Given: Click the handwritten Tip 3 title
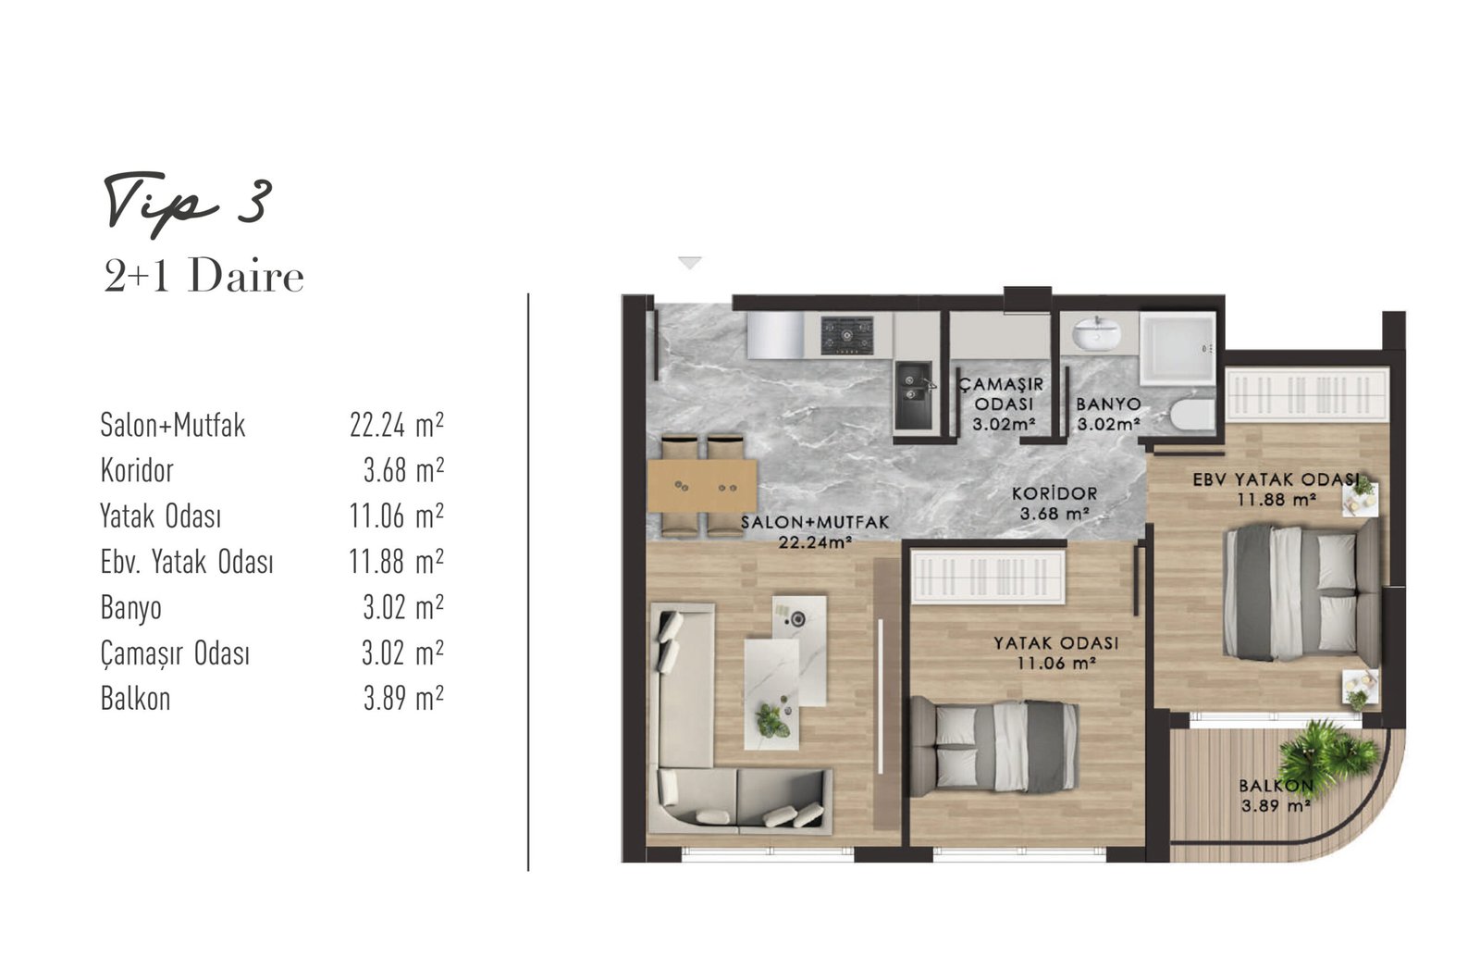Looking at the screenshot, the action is coord(189,205).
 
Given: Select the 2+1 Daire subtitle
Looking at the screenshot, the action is coord(203,276).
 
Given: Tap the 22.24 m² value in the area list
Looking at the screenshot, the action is coord(397,424).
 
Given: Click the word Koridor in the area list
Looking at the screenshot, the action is coord(137,470).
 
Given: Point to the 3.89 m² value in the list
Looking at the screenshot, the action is coord(403,698).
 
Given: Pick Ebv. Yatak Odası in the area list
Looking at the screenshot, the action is coord(187,562).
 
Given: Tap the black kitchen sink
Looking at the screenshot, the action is coord(914,395).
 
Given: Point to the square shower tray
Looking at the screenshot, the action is coord(1178,348).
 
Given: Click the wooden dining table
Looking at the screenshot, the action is coord(702,486).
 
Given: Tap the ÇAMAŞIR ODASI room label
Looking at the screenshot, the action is coord(1003,394).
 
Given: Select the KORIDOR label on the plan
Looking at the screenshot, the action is coord(1054,493).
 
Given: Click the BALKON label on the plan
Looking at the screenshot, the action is coord(1276,786).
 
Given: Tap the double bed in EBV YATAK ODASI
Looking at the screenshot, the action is coord(1301,592).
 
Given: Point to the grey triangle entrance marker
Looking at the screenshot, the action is coord(690,262).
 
